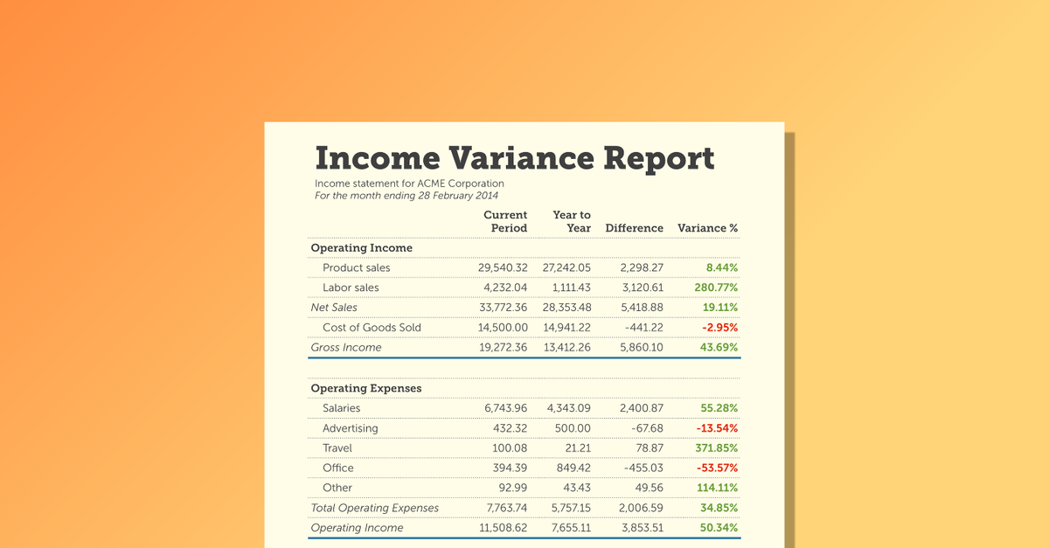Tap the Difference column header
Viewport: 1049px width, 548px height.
point(634,228)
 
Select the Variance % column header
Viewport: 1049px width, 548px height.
point(707,228)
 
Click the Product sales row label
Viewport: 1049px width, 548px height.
point(356,267)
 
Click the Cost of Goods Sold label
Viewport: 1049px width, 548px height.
point(372,328)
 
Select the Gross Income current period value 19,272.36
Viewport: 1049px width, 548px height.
point(503,348)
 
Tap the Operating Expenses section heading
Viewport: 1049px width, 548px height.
point(366,388)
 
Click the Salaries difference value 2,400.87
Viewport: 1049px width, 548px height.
point(641,408)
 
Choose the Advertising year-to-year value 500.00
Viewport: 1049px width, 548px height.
point(572,428)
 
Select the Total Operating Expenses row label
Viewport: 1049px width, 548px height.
point(375,509)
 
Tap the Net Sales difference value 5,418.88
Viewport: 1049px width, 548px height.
point(641,308)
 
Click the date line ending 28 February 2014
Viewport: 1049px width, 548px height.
point(406,196)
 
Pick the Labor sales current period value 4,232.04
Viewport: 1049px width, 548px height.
point(505,288)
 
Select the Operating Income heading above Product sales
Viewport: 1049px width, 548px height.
point(362,248)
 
